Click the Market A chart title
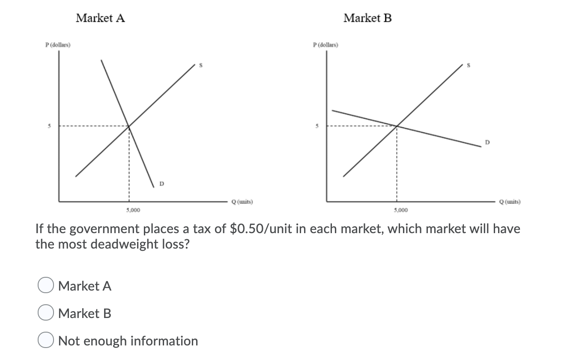click(100, 18)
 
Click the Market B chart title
click(367, 18)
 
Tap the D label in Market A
click(161, 184)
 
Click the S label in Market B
click(469, 66)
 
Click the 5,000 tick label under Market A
click(133, 210)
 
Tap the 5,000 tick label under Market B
click(401, 210)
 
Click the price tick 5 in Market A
click(49, 126)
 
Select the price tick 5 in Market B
click(317, 126)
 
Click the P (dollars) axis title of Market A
click(58, 45)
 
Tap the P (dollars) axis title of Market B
click(325, 45)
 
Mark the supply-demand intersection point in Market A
click(129, 126)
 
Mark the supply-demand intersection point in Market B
click(397, 126)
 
